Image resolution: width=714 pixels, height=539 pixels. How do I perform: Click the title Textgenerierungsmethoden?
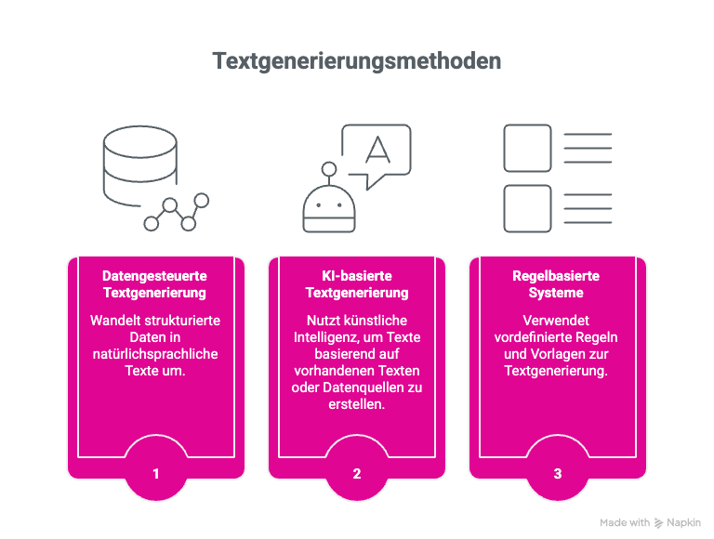coord(357,61)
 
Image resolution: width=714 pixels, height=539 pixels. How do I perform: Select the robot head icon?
coord(329,210)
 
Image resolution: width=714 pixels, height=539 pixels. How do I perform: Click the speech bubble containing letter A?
coord(376,152)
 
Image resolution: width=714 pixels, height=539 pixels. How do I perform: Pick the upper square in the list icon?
coord(526,148)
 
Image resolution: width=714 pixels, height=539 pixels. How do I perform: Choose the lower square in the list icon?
coord(526,208)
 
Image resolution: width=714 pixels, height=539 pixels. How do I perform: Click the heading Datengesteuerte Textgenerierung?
coord(155,284)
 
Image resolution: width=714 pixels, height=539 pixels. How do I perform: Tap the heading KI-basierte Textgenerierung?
coord(357,284)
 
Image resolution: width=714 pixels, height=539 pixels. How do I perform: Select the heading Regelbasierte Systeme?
coord(557,284)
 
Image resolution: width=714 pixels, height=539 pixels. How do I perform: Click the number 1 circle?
coord(156,474)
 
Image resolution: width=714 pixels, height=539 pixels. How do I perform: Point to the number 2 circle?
coord(357,474)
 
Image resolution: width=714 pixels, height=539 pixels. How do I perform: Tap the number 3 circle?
coord(558,474)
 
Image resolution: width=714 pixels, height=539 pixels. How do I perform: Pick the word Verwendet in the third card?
coord(557,320)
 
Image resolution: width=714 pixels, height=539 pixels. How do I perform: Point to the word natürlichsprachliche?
coord(155,353)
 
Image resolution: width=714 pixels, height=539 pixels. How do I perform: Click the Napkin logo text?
coord(684,522)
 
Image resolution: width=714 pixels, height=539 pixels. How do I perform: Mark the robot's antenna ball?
coord(328,169)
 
